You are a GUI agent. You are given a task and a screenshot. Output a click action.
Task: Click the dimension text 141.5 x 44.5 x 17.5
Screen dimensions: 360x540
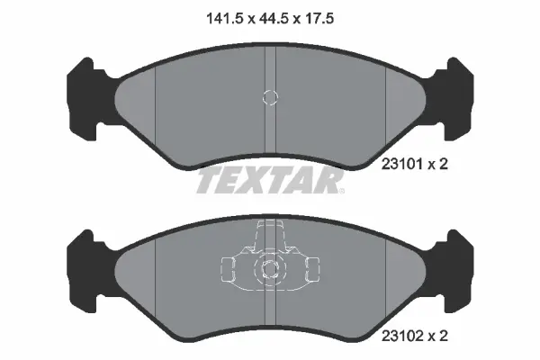click(270, 16)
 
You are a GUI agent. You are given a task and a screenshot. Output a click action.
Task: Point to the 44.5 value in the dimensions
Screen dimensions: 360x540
click(270, 16)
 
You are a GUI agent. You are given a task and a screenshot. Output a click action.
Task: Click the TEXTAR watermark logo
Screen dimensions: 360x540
click(270, 180)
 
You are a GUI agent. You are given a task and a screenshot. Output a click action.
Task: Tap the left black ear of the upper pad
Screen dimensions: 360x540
click(81, 90)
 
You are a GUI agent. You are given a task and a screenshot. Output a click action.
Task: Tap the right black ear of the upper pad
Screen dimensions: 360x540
click(459, 90)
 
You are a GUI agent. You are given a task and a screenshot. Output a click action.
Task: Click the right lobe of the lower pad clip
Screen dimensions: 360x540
click(309, 267)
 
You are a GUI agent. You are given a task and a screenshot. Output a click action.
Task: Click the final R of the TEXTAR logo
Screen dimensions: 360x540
click(331, 180)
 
